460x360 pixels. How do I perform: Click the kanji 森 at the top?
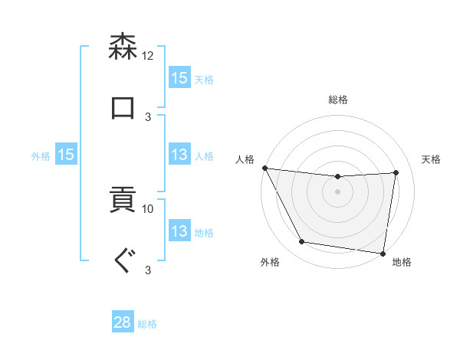[x=123, y=47]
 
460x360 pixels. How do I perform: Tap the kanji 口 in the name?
[x=123, y=107]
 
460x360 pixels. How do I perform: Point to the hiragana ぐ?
[x=123, y=261]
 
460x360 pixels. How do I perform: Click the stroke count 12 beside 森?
[x=148, y=55]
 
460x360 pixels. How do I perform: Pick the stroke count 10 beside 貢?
[x=148, y=208]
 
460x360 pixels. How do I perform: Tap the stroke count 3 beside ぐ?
[x=148, y=270]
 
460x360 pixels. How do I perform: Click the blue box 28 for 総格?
[x=123, y=322]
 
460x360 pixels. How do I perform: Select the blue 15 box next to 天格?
[x=179, y=78]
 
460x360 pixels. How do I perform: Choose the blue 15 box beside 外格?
[x=66, y=155]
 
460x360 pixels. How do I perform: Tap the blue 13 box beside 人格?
[x=179, y=155]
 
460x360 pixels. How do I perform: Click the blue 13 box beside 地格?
[x=179, y=231]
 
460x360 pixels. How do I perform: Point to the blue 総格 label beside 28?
[x=147, y=324]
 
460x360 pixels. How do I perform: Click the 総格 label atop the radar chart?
[x=338, y=100]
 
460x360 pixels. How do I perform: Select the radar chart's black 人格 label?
[x=245, y=159]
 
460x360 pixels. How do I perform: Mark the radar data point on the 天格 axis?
[x=396, y=172]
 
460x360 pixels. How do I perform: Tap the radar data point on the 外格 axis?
[x=302, y=242]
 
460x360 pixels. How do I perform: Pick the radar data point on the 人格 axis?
[x=264, y=168]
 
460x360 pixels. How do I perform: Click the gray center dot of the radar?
[x=338, y=191]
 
